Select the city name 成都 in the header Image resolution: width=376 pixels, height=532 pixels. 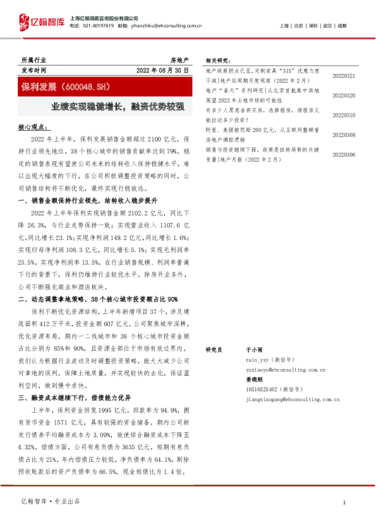click(342, 26)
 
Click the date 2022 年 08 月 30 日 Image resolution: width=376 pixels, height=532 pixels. click(162, 70)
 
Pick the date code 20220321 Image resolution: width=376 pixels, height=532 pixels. click(344, 76)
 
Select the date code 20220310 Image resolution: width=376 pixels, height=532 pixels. click(344, 115)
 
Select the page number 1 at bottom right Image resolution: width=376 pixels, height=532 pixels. click(343, 502)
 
